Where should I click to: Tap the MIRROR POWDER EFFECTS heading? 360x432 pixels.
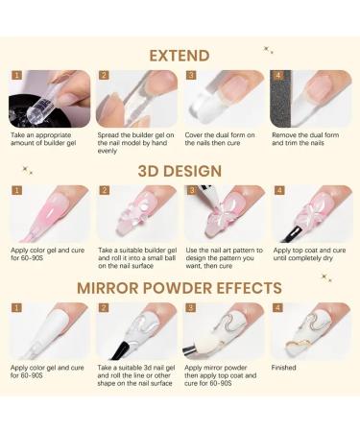180,287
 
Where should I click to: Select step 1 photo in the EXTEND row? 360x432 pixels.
50,99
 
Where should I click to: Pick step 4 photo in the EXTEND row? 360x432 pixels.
309,99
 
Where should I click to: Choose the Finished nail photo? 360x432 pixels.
309,331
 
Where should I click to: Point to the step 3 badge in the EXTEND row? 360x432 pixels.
190,75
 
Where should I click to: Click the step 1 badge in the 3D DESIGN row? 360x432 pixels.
16,191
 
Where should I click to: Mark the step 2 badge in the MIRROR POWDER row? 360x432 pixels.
104,308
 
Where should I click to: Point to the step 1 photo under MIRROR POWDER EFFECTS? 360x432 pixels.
50,331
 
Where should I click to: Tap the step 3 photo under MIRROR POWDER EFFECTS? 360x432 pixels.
223,331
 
